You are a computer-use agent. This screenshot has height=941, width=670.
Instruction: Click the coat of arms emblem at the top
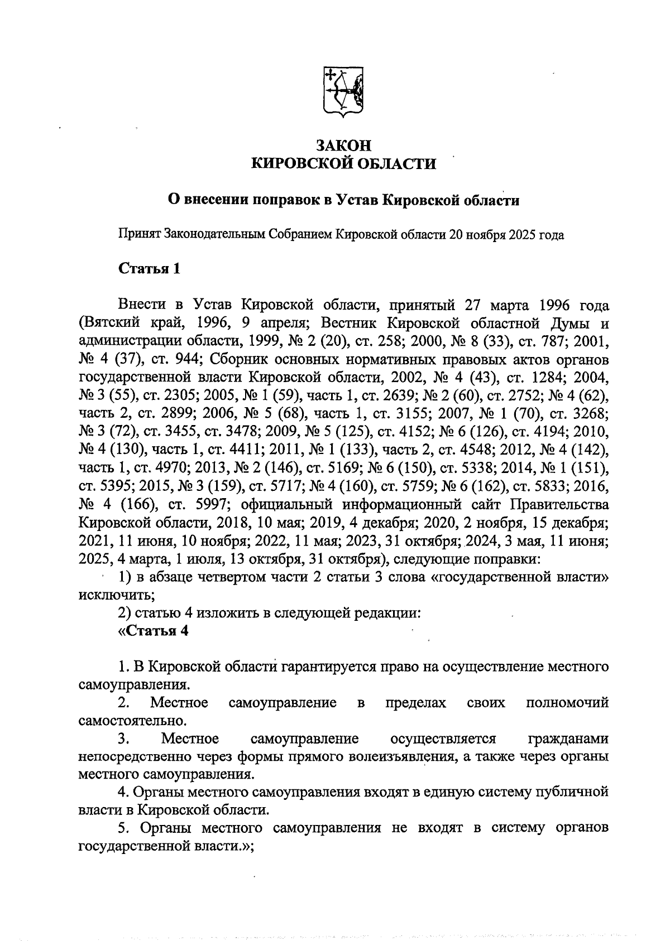click(x=343, y=92)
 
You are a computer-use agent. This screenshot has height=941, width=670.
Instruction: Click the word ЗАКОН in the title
click(x=343, y=145)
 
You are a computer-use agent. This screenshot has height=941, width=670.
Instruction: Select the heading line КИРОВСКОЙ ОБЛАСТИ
click(x=343, y=163)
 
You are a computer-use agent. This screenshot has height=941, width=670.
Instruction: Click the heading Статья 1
click(x=149, y=268)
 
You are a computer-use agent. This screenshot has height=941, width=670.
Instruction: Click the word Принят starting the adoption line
click(x=139, y=235)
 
